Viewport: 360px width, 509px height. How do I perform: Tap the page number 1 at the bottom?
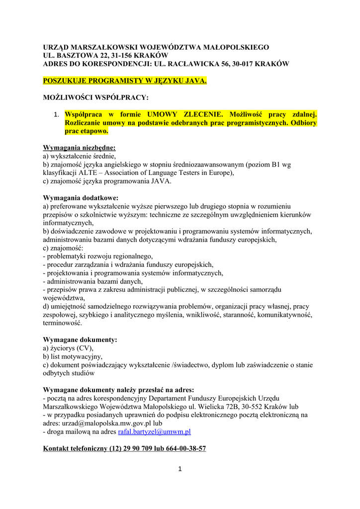[x=180, y=469]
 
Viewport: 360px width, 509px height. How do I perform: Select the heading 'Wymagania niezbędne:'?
[x=80, y=148]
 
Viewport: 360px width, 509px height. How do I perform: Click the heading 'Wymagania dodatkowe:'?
[x=81, y=198]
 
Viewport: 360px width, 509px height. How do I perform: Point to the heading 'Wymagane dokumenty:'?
[x=80, y=339]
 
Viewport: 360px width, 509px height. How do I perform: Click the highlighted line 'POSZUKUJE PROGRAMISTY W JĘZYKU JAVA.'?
[x=125, y=80]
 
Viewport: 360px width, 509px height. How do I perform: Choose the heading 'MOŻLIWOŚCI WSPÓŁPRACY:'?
[x=96, y=97]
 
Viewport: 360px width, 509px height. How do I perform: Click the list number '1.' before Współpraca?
[x=57, y=115]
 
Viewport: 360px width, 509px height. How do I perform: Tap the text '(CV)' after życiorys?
[x=84, y=348]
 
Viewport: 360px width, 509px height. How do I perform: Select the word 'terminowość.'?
[x=62, y=323]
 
